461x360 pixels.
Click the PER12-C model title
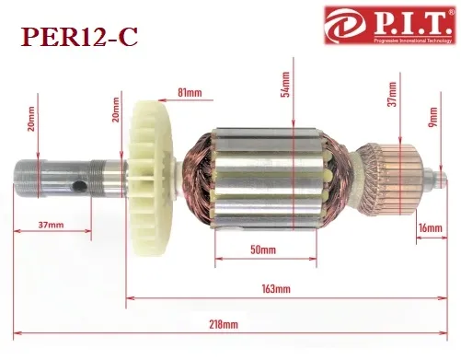coord(79,37)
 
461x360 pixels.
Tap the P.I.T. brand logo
coord(389,26)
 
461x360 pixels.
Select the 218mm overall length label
coord(224,324)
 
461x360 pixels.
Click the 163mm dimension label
coord(276,289)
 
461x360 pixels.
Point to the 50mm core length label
coord(263,250)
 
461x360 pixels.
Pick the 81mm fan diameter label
coord(190,92)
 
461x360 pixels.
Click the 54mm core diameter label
coord(285,84)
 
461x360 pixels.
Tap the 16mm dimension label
coord(431,228)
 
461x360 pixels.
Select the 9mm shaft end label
coord(432,117)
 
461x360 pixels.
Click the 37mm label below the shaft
coord(51,225)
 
